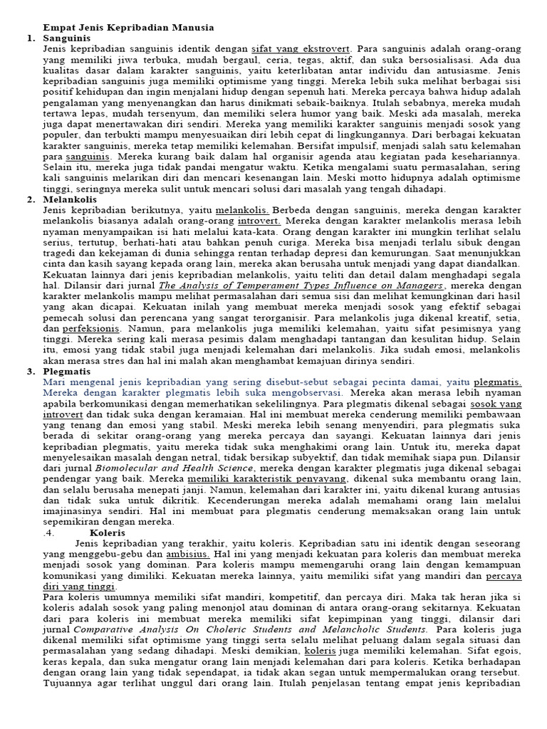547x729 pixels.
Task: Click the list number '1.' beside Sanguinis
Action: coord(30,38)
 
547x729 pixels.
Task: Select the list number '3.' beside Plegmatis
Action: coord(30,372)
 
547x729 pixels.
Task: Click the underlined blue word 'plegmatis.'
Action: coord(497,382)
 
